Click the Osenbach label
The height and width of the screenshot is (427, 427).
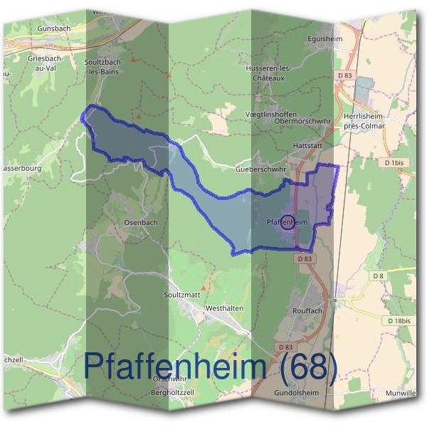[141, 222]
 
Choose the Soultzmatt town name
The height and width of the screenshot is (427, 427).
[182, 294]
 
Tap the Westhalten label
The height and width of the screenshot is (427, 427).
[224, 308]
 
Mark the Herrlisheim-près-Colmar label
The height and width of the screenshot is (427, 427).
[364, 121]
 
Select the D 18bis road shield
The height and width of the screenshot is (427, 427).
[399, 321]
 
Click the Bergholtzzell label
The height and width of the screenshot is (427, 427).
[173, 392]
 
